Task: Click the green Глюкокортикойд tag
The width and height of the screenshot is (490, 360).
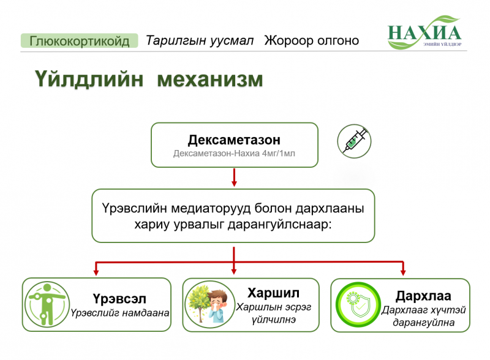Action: tap(80, 40)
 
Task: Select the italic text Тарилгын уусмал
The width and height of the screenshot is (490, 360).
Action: tap(200, 40)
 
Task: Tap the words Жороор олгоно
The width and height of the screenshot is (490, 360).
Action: tap(312, 40)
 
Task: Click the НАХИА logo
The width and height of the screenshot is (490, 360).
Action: tap(424, 33)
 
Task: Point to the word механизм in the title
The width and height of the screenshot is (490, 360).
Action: tap(210, 80)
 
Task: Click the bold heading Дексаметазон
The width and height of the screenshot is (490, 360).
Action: tap(234, 140)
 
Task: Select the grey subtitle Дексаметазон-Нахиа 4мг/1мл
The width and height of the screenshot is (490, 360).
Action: tap(234, 154)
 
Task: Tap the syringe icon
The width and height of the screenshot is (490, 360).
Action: tap(355, 141)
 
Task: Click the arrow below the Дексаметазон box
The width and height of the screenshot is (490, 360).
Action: tap(234, 178)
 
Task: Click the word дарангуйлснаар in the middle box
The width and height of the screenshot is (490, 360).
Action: tap(279, 224)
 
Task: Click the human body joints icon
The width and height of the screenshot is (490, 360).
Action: tap(47, 304)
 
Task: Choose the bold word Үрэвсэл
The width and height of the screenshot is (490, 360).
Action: tap(119, 299)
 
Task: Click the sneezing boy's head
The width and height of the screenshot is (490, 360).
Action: tap(217, 299)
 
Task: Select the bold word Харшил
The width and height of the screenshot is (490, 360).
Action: tap(273, 293)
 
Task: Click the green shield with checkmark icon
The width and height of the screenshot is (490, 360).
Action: tap(358, 305)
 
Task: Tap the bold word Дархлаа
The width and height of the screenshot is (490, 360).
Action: tap(423, 296)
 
